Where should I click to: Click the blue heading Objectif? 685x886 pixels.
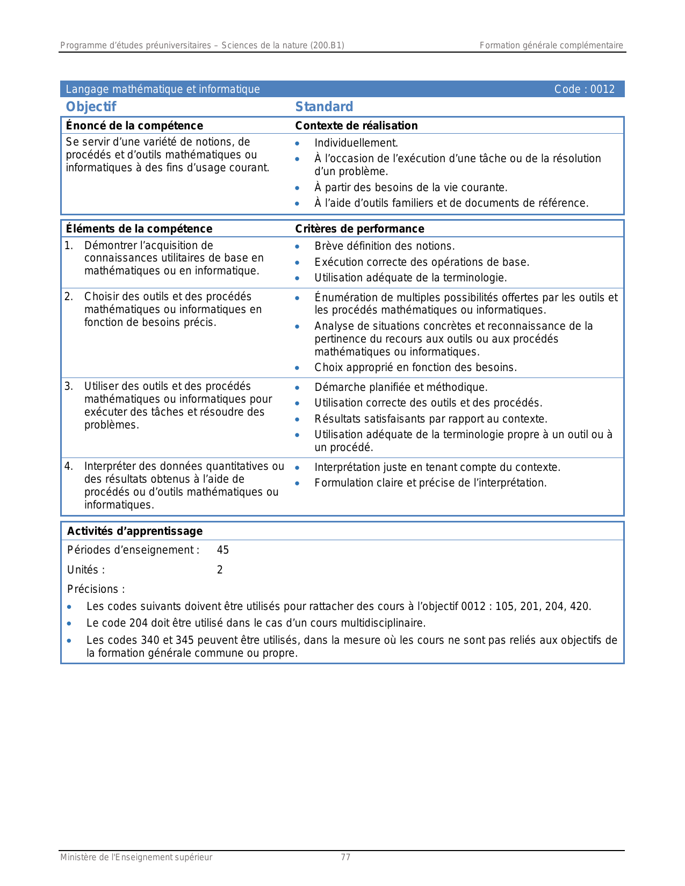(x=91, y=107)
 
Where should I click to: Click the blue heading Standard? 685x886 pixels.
(x=324, y=107)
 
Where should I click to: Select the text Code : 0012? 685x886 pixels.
(x=584, y=89)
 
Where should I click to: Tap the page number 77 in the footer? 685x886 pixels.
(x=345, y=858)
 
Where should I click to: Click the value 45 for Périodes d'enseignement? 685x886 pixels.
(x=223, y=550)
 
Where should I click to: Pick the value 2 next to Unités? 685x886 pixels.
(x=220, y=570)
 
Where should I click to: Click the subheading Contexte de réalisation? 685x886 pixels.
(x=356, y=126)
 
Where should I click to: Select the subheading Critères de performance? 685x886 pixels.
(x=359, y=229)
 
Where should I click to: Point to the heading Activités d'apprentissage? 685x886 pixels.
(x=135, y=531)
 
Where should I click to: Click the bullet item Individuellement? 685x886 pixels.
(x=356, y=143)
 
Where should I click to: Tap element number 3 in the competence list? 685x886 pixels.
(x=69, y=386)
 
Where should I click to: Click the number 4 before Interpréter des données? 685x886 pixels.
(x=69, y=466)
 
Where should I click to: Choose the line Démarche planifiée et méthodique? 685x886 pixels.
(x=401, y=387)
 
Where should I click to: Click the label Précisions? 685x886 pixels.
(x=96, y=589)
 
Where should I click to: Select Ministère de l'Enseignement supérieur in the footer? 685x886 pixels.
(x=136, y=858)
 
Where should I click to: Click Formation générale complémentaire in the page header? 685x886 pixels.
(x=551, y=46)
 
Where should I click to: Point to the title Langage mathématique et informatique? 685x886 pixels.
(x=163, y=89)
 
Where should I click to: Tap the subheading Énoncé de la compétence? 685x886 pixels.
(x=134, y=126)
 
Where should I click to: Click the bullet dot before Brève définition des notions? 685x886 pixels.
(x=297, y=247)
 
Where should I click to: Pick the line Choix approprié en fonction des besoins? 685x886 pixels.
(x=415, y=368)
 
